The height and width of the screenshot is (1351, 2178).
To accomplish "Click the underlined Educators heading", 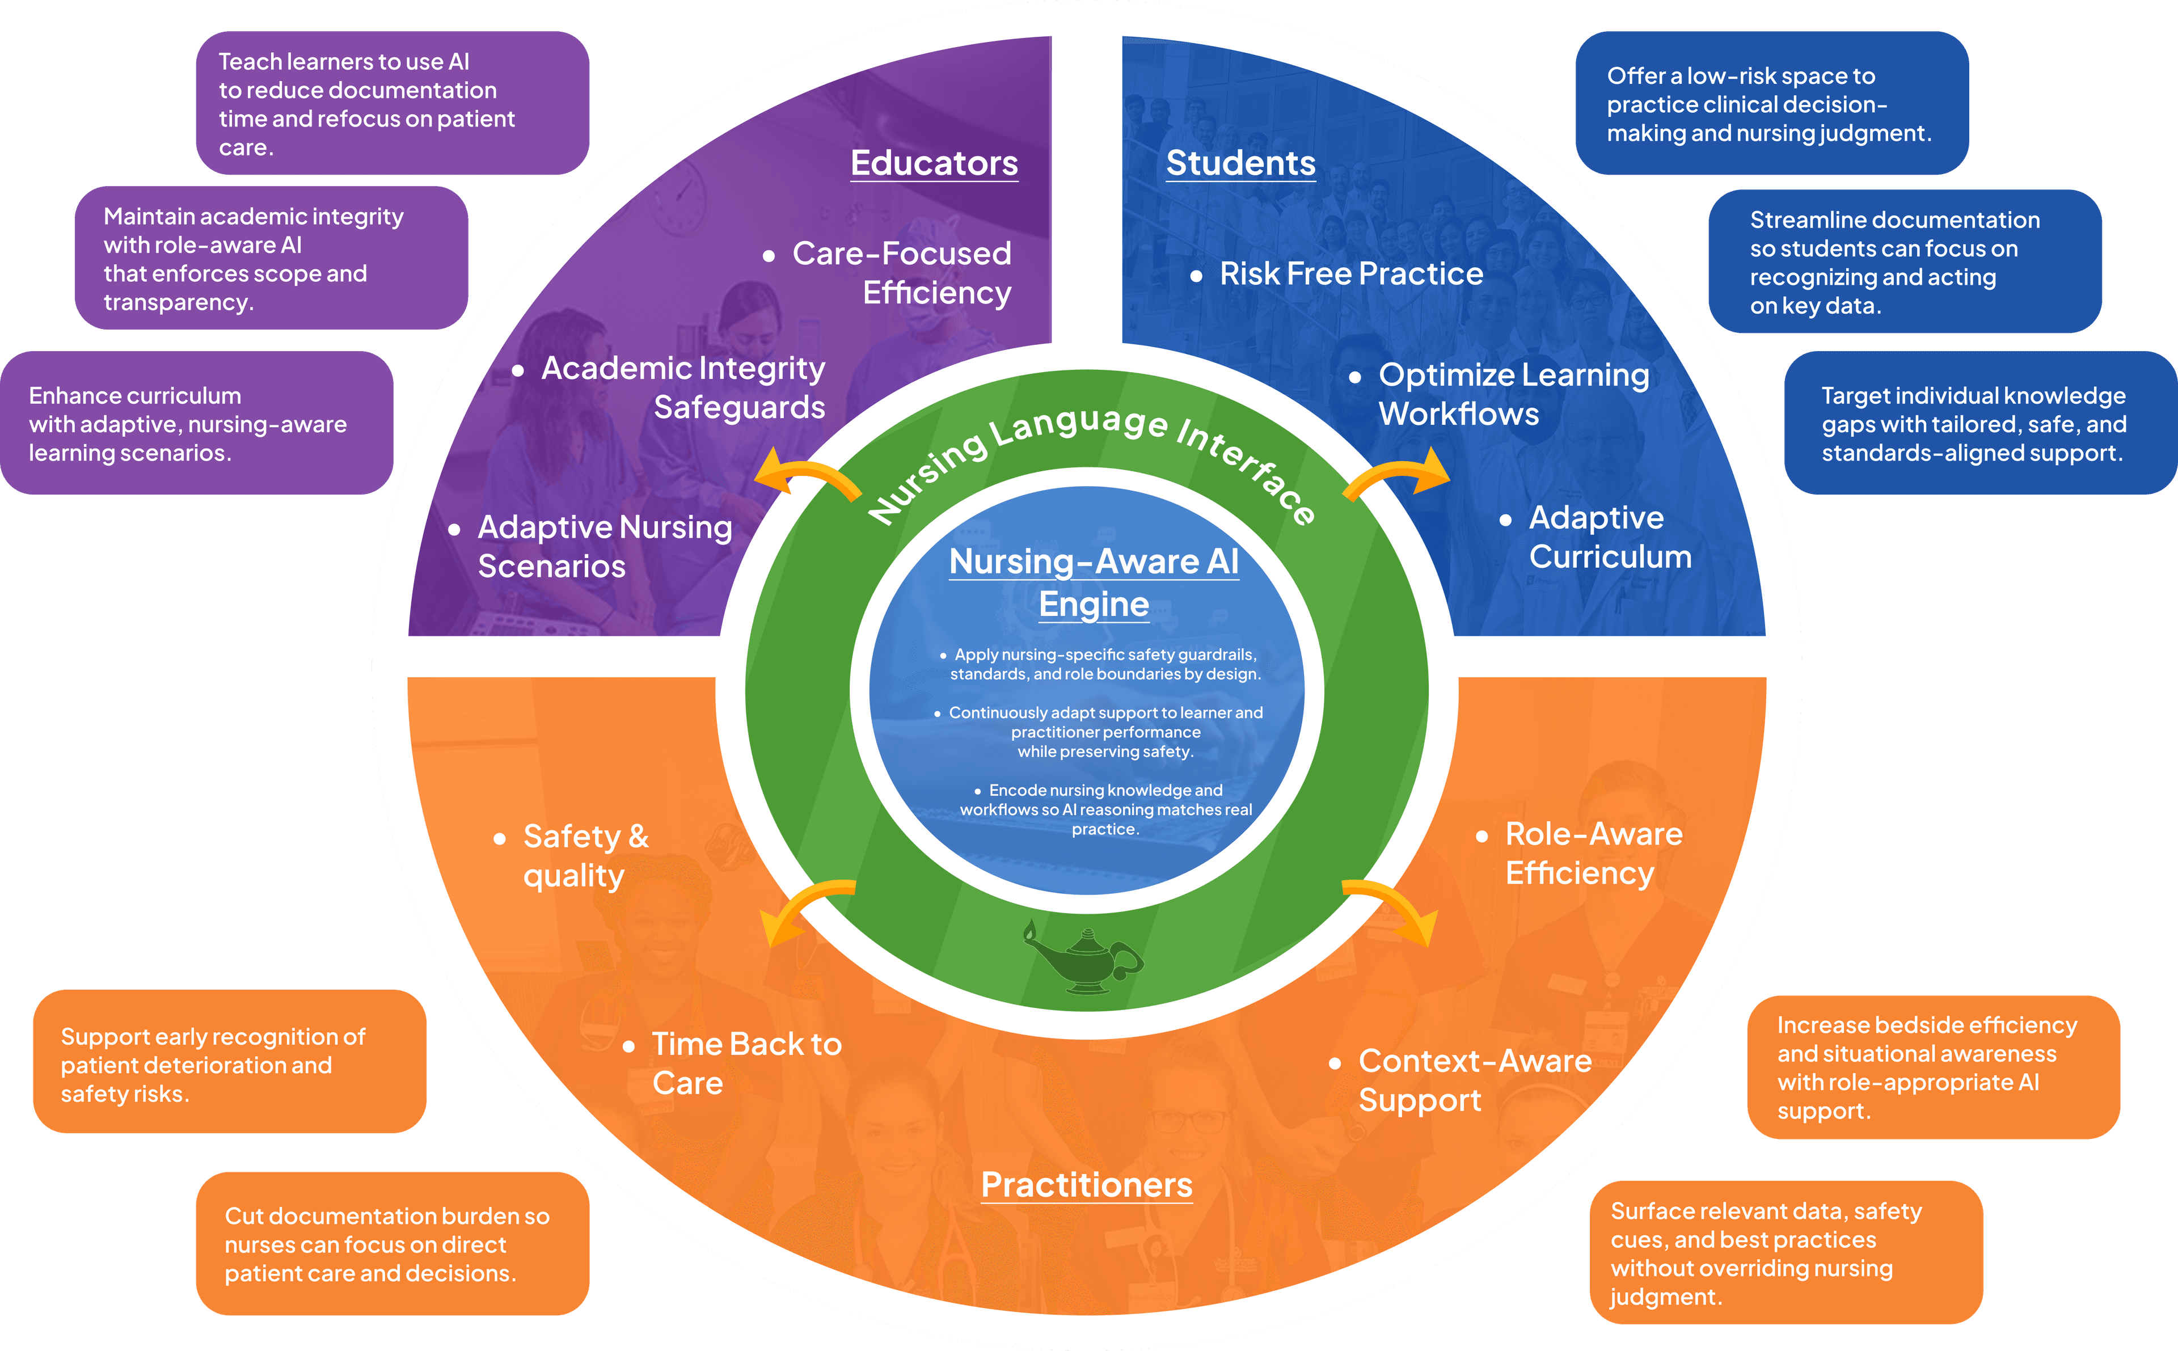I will pos(934,163).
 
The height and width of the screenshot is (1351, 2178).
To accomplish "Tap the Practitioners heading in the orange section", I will pos(1086,1185).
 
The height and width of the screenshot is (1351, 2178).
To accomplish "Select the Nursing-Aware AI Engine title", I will pos(1094,582).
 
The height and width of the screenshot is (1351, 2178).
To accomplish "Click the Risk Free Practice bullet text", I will pos(1350,273).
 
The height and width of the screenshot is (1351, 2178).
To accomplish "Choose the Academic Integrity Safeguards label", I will pos(683,388).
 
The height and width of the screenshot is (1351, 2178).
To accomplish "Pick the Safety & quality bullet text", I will pos(585,856).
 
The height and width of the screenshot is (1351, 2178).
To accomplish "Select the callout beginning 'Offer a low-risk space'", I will pos(1771,104).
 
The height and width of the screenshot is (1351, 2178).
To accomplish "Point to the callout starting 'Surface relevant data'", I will pos(1785,1253).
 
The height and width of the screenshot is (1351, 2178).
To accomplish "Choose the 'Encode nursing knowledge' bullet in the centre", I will pos(1106,809).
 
